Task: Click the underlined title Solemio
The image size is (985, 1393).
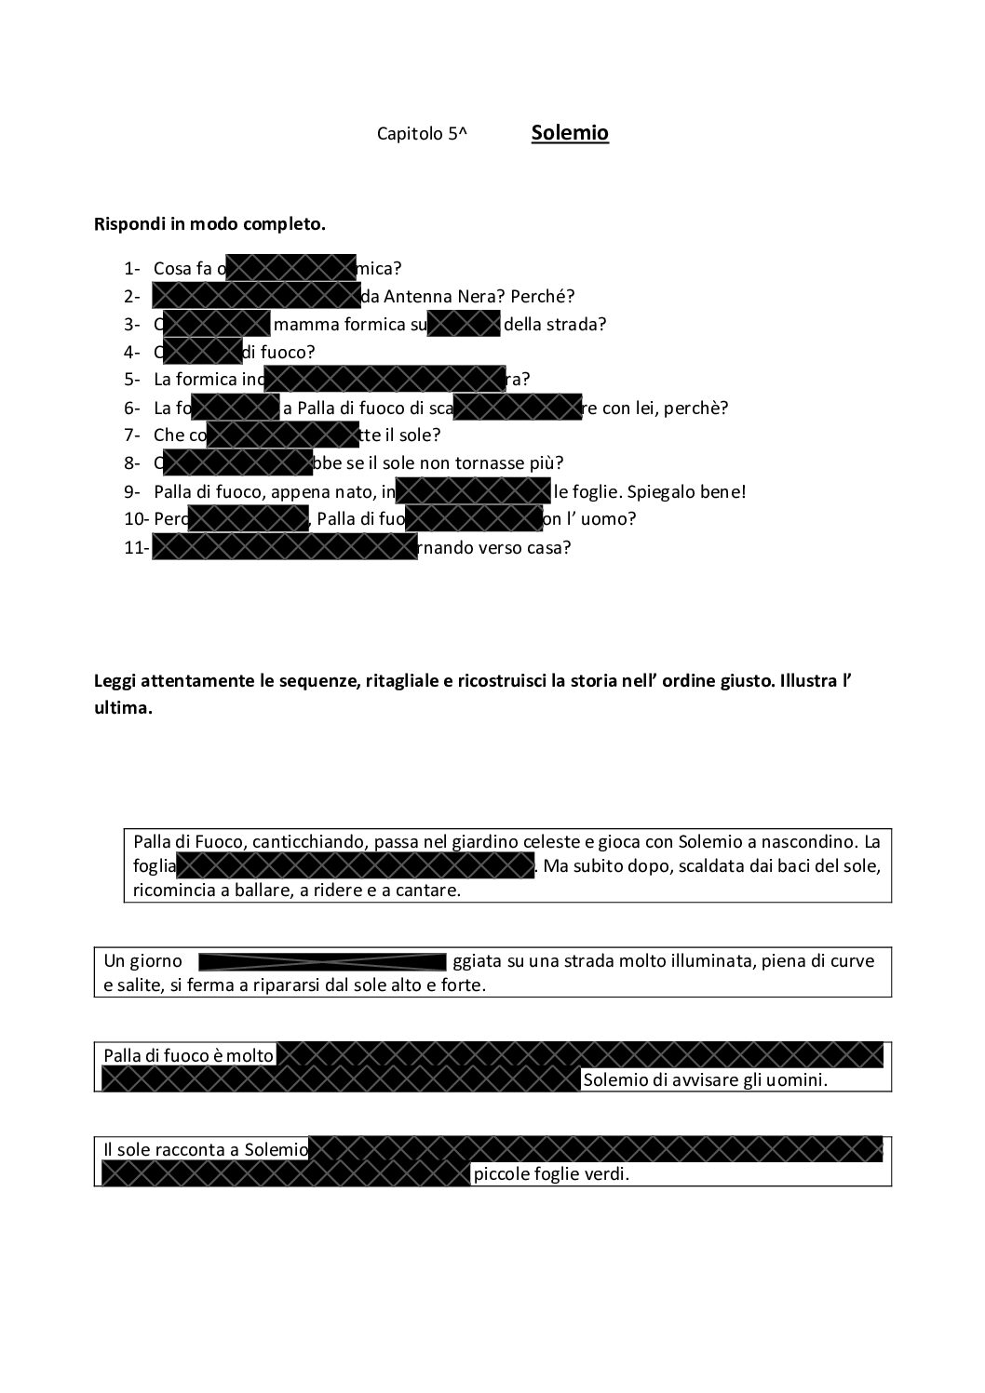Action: (x=570, y=133)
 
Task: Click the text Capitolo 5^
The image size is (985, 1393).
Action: (x=422, y=134)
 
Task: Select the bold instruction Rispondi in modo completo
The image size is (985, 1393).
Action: (x=209, y=224)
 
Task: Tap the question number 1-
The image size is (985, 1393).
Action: (x=131, y=269)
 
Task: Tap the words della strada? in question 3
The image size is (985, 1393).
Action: (x=555, y=325)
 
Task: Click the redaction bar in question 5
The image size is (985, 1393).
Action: (x=385, y=379)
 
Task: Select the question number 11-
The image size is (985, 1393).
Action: (x=136, y=548)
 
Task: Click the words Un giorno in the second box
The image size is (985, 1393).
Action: (x=142, y=961)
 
